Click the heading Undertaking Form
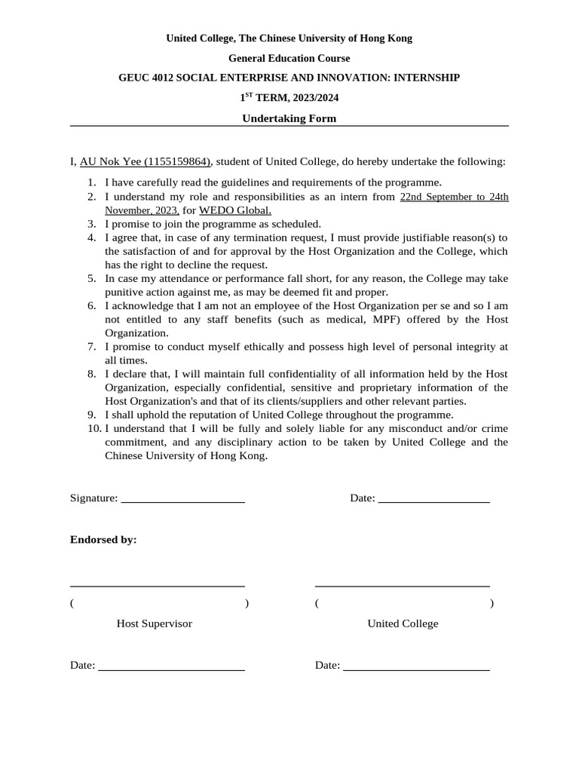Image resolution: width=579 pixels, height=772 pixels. (x=289, y=118)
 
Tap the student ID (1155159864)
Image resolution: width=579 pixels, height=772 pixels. (x=178, y=161)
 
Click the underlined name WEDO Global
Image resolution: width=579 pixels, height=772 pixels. (x=235, y=210)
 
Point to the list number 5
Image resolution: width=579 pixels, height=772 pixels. (x=91, y=278)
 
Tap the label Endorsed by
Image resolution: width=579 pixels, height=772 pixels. (x=103, y=540)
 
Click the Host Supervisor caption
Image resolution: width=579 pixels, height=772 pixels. (x=154, y=623)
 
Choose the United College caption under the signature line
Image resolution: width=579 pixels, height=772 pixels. (x=403, y=623)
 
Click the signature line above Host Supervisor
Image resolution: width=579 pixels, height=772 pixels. (x=157, y=585)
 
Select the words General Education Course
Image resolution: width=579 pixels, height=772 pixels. (x=289, y=58)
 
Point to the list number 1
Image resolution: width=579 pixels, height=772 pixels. (x=91, y=182)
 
